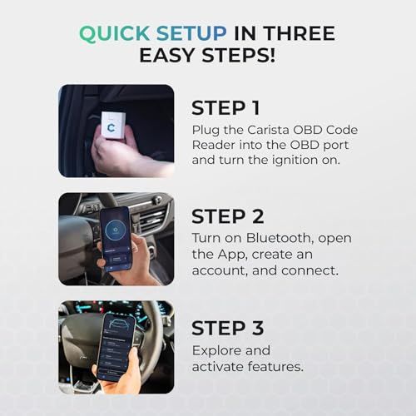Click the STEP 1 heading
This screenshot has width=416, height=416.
coord(226,108)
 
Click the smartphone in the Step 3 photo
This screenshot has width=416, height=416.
coord(115,345)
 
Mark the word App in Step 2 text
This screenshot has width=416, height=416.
coord(230,254)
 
